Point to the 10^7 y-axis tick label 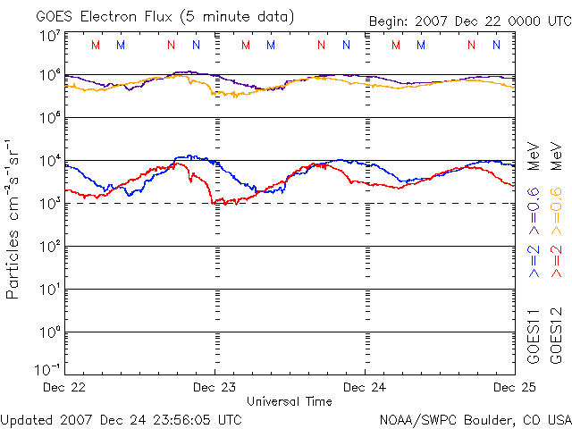coord(49,36)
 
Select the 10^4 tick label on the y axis coord(49,161)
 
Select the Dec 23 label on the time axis coord(214,387)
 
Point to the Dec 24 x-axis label coord(365,387)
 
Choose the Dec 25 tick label coord(513,387)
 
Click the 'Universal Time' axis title coord(290,401)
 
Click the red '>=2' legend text coord(556,257)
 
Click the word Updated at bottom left coord(26,418)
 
